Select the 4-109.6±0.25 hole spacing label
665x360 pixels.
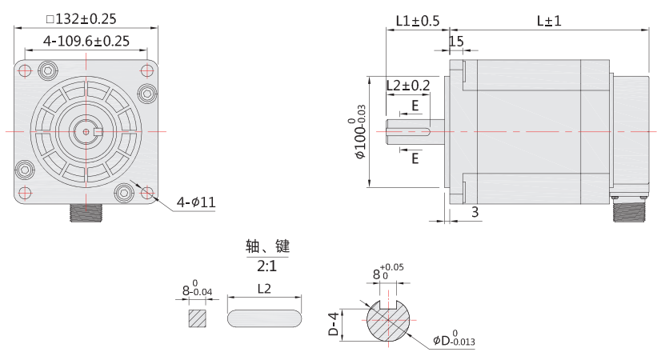tap(86, 41)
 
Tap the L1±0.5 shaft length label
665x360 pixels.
tap(418, 22)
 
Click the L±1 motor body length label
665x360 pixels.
tap(548, 22)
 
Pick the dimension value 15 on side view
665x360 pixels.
tap(456, 42)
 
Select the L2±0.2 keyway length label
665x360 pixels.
tap(408, 85)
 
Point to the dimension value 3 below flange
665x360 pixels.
tap(475, 212)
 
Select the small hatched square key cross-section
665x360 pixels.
tap(197, 318)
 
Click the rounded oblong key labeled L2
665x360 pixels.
tap(266, 318)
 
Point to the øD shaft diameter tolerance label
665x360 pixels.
tap(453, 341)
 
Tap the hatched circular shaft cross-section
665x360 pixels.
tap(387, 324)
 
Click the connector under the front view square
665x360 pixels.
tap(86, 213)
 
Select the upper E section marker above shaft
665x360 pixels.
tap(415, 105)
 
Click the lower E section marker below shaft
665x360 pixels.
tap(415, 158)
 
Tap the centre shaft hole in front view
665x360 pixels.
tap(86, 130)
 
